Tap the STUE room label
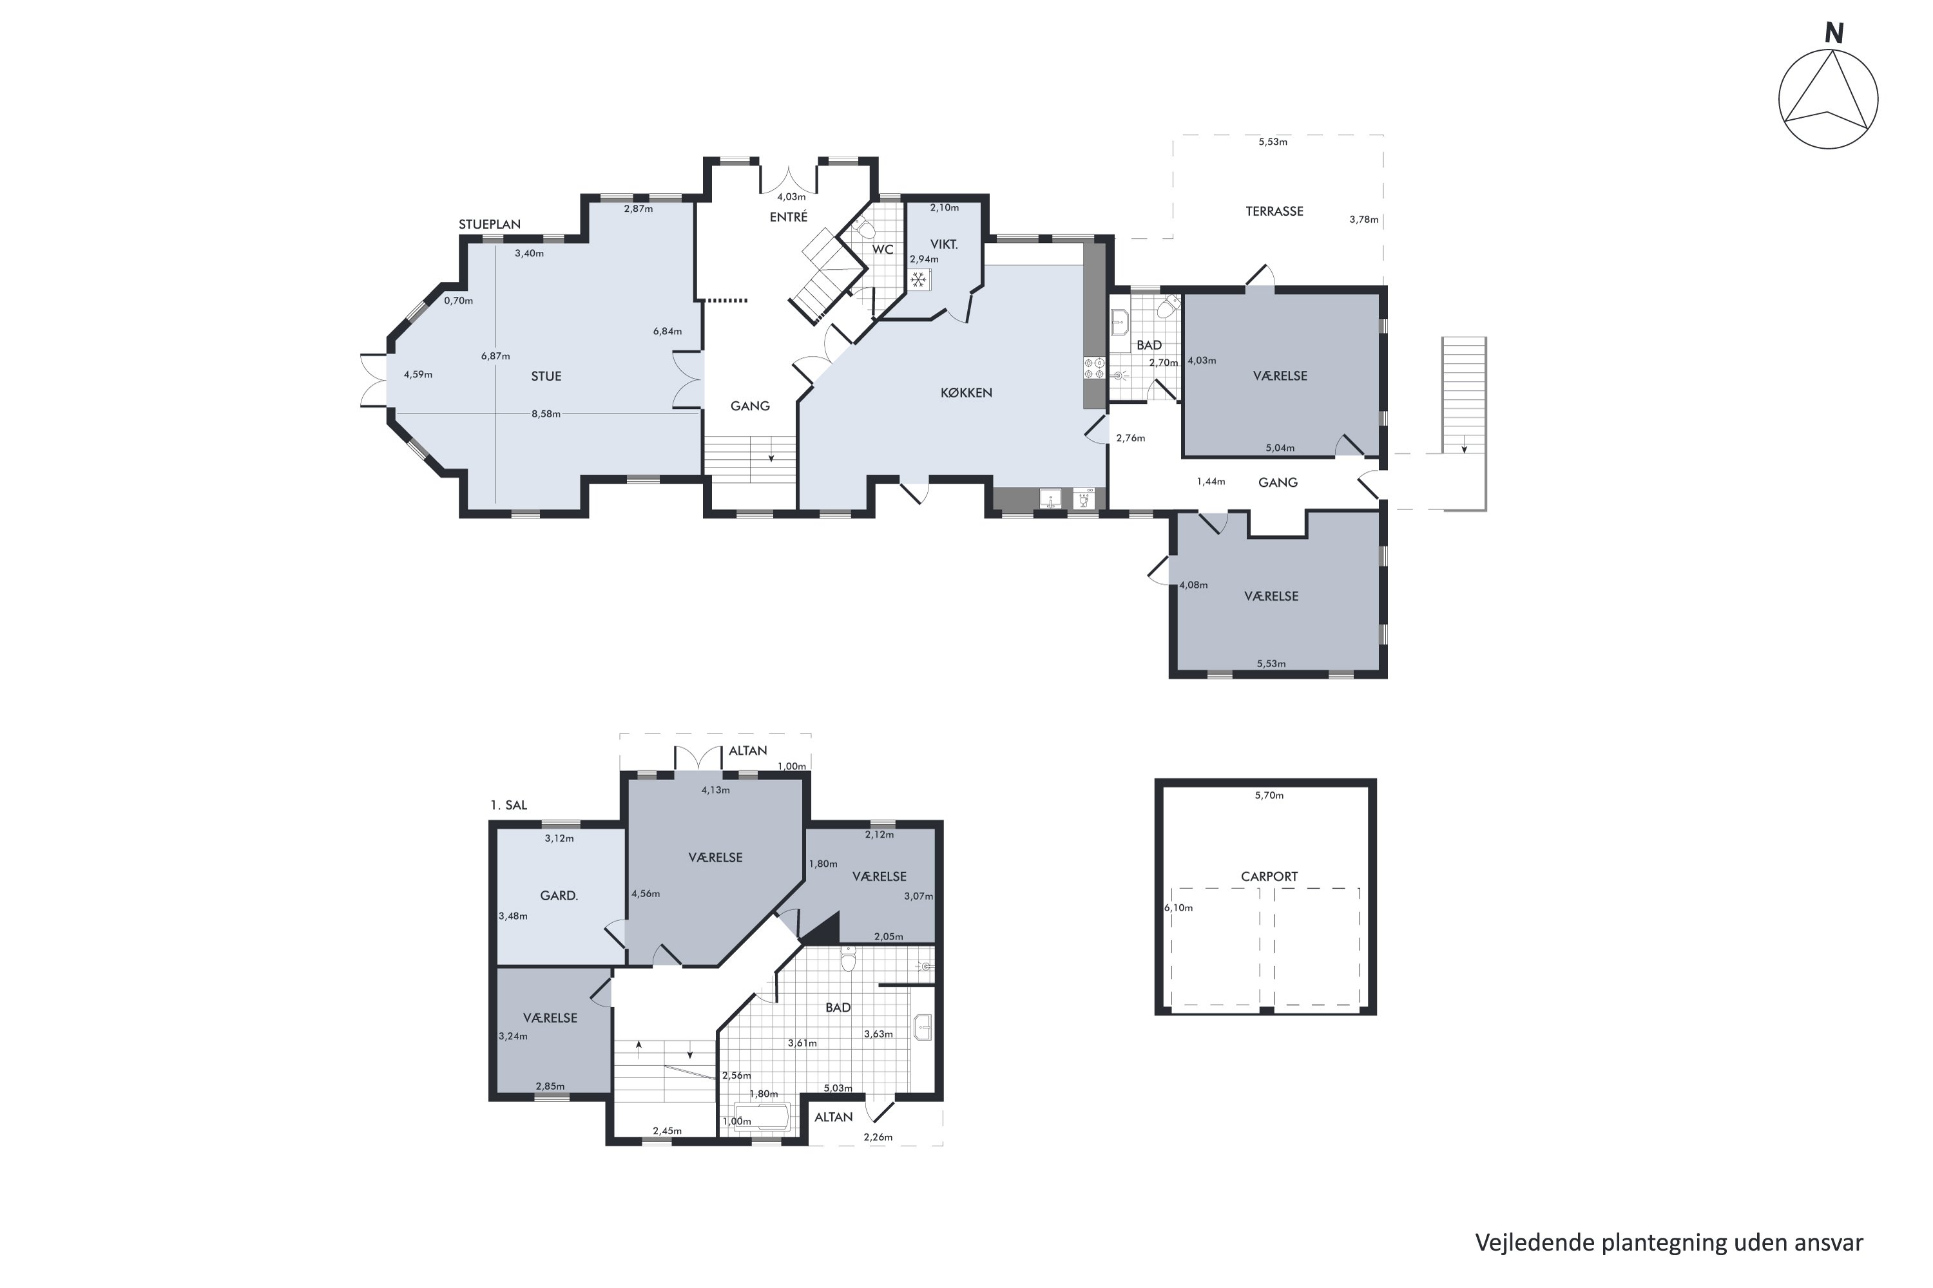(546, 376)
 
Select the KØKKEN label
(966, 393)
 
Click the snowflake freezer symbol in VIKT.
(919, 281)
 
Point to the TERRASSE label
(1274, 211)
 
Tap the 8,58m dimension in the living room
(546, 414)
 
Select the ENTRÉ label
(788, 217)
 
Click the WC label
(883, 250)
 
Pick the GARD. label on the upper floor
(559, 895)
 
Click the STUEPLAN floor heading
(490, 224)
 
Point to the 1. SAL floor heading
(509, 805)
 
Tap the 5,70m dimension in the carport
(1269, 795)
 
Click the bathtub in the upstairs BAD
(761, 1118)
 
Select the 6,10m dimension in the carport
(1178, 907)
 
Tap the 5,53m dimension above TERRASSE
(1273, 142)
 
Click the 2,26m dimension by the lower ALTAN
(878, 1138)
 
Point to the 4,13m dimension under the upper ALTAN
(715, 790)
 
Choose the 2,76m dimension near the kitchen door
(1131, 438)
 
